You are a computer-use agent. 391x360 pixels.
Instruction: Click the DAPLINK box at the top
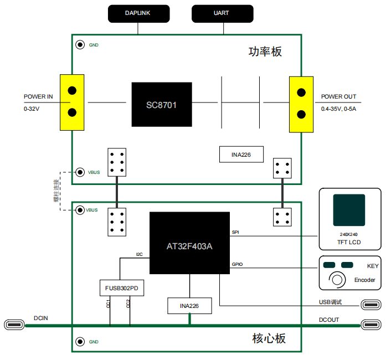[138, 14]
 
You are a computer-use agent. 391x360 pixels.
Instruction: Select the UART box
[223, 14]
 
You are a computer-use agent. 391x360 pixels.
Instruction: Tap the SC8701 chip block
[162, 105]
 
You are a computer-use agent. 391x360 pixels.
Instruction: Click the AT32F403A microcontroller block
[189, 243]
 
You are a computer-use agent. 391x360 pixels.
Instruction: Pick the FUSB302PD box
[122, 288]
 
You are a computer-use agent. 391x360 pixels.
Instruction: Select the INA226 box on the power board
[241, 155]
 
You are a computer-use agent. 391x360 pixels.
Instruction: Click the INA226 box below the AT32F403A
[189, 306]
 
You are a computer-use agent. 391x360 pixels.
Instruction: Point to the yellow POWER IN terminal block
[72, 102]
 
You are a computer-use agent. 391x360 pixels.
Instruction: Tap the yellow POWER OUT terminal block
[301, 105]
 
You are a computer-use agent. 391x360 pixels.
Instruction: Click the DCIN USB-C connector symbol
[14, 325]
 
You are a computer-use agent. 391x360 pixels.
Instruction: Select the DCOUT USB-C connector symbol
[371, 325]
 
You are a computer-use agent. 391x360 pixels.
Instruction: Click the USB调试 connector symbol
[371, 305]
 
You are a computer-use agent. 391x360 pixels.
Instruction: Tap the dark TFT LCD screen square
[349, 210]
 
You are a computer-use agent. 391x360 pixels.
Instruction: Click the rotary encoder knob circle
[337, 280]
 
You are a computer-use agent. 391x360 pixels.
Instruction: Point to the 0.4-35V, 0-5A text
[338, 109]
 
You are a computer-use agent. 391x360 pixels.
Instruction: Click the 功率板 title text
[265, 52]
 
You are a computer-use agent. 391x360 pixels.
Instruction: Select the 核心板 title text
[269, 338]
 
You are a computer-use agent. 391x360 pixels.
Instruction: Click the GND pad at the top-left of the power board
[80, 45]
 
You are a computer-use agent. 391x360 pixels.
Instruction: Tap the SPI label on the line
[235, 232]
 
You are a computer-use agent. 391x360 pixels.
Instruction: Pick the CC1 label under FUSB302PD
[108, 304]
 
